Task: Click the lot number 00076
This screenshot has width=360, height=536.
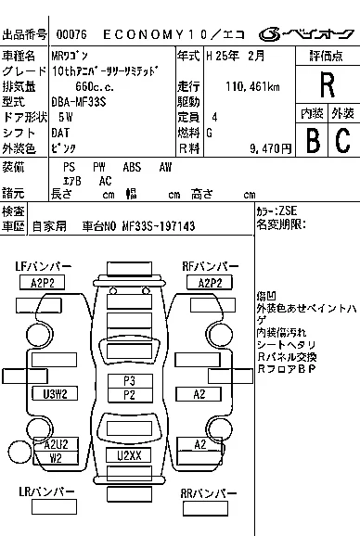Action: pyautogui.click(x=71, y=34)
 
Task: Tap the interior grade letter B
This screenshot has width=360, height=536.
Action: pyautogui.click(x=312, y=141)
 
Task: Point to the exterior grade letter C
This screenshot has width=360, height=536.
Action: pyautogui.click(x=342, y=141)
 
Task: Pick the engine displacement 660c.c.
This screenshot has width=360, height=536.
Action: pyautogui.click(x=95, y=86)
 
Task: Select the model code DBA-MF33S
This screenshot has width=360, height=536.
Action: pyautogui.click(x=84, y=102)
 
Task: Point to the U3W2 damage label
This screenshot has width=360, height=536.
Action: pyautogui.click(x=55, y=393)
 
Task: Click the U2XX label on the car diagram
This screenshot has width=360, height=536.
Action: pyautogui.click(x=130, y=455)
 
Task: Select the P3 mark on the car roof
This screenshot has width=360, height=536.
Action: pyautogui.click(x=129, y=380)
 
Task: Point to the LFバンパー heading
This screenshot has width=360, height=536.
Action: pyautogui.click(x=44, y=267)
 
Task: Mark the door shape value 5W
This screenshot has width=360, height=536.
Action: pyautogui.click(x=65, y=118)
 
